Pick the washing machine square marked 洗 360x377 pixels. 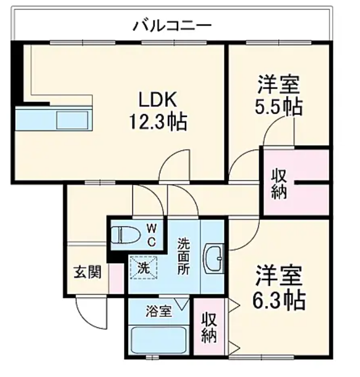click(143, 267)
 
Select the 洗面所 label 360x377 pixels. click(185, 258)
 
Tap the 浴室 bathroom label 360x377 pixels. click(159, 311)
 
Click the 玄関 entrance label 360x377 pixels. click(87, 273)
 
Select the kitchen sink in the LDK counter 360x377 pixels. click(72, 119)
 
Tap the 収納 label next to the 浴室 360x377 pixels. click(209, 327)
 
